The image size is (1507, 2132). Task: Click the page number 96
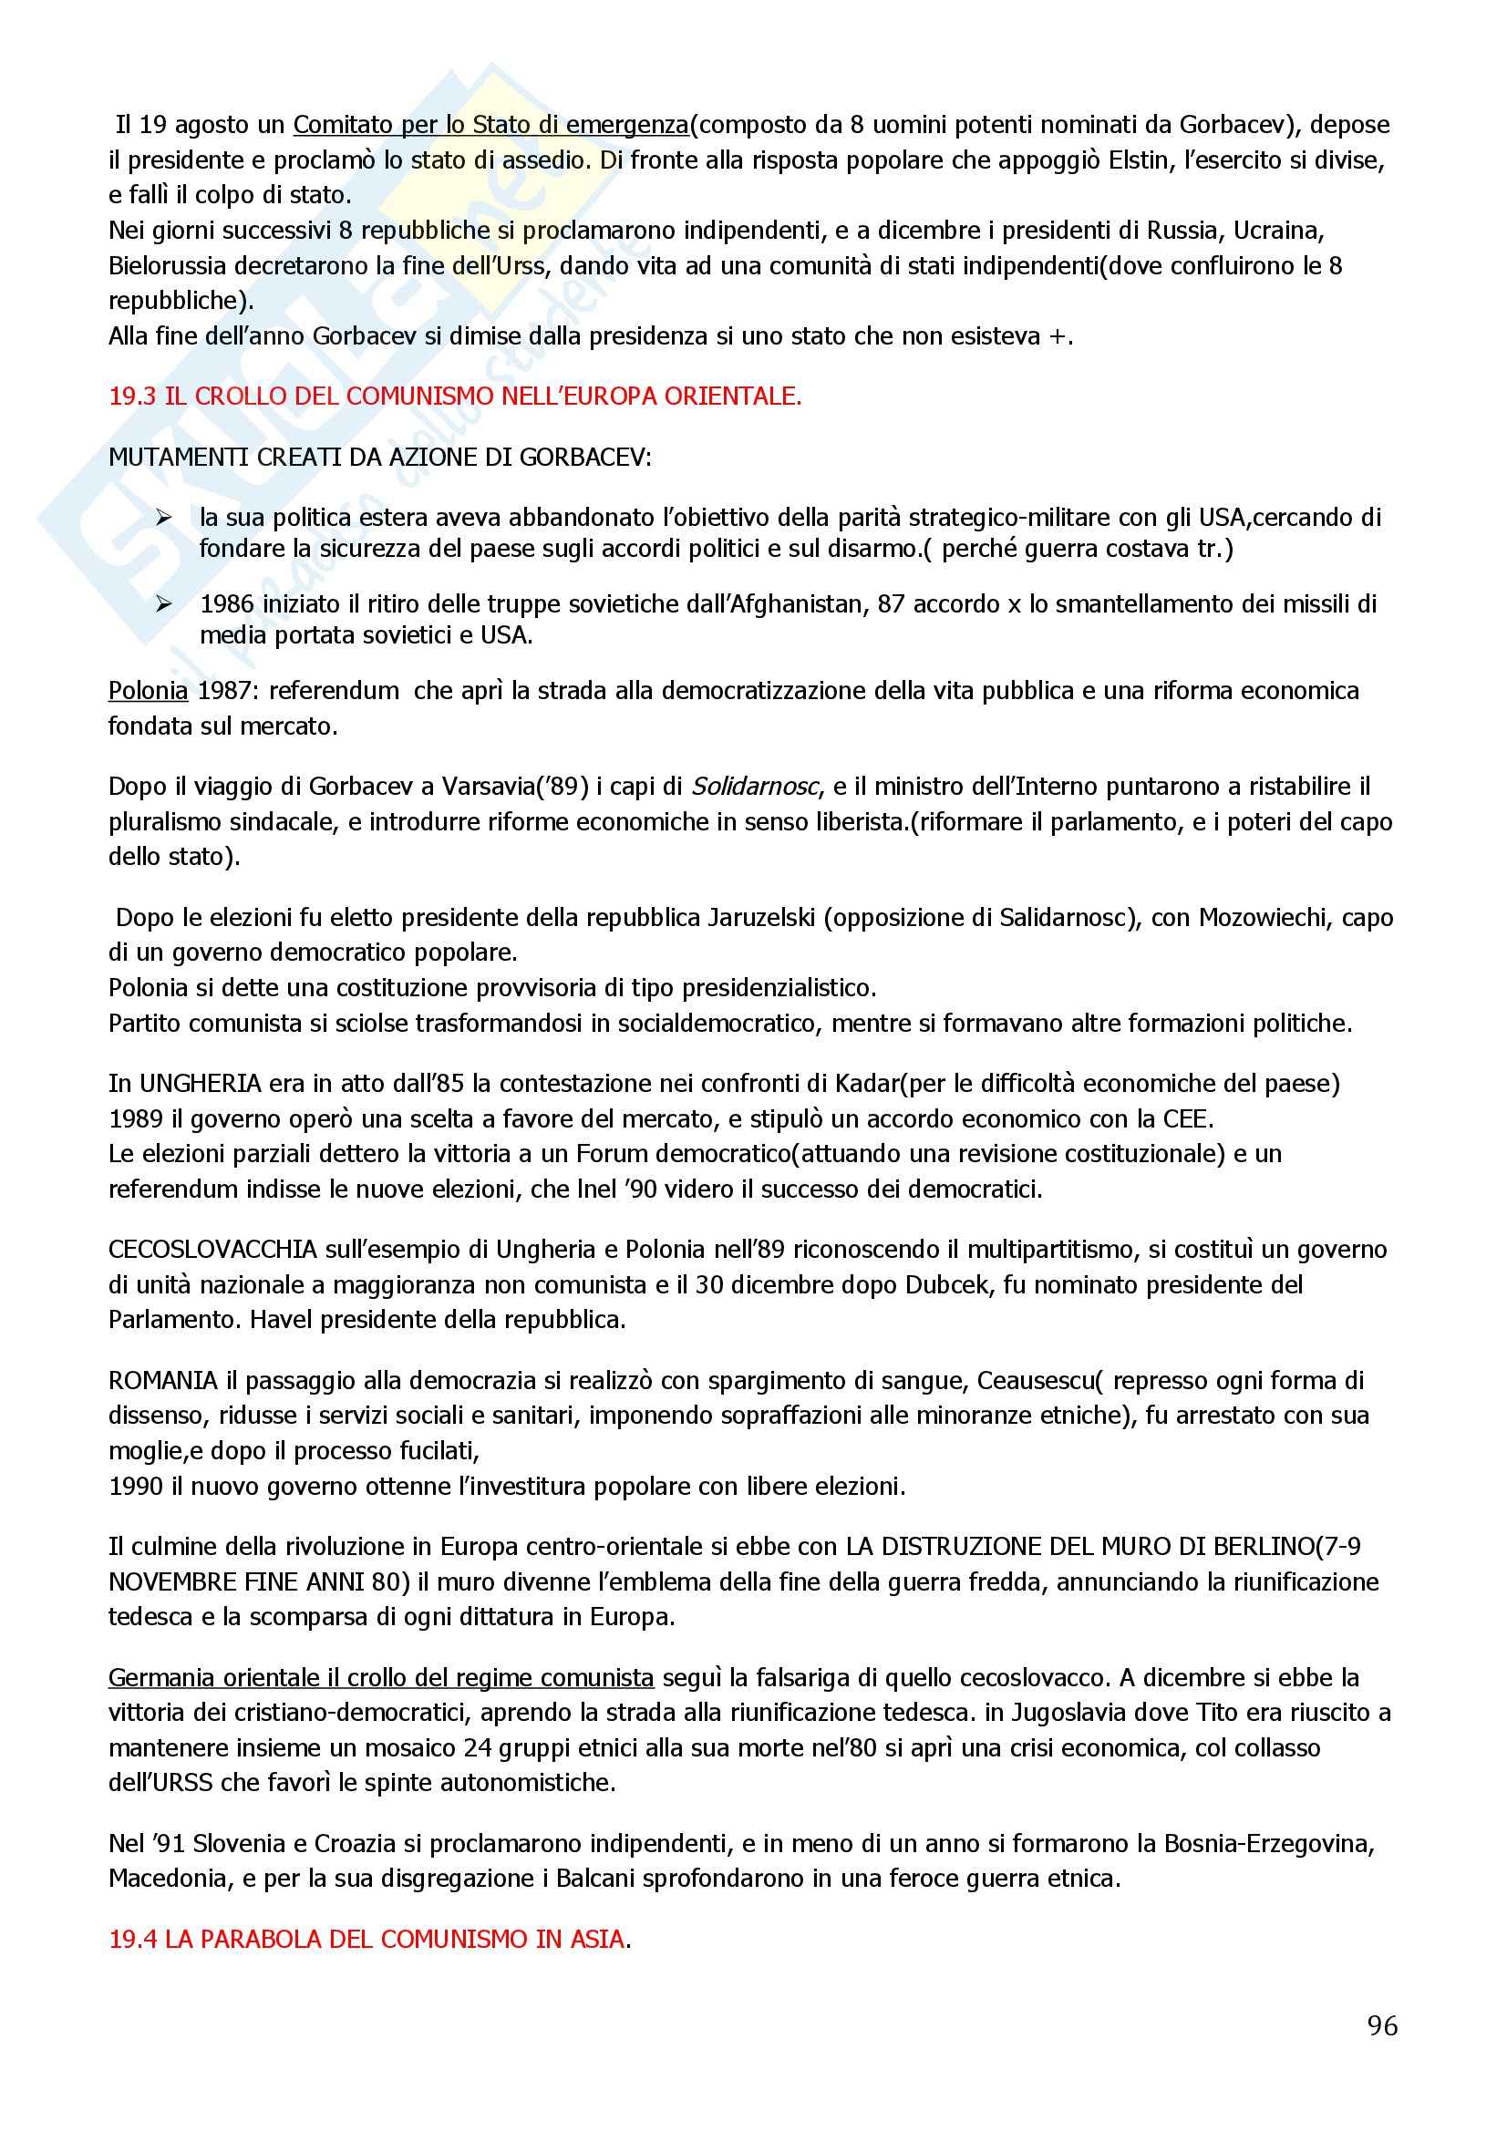[x=1382, y=2025]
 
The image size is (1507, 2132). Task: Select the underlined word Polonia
[x=148, y=691]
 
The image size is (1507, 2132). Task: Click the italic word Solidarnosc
[x=755, y=787]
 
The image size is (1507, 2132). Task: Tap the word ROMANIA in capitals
[x=162, y=1381]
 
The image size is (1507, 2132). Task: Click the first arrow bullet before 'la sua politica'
[x=164, y=518]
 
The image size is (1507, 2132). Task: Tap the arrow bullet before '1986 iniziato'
[x=164, y=605]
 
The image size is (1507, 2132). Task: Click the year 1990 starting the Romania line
[x=137, y=1486]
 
